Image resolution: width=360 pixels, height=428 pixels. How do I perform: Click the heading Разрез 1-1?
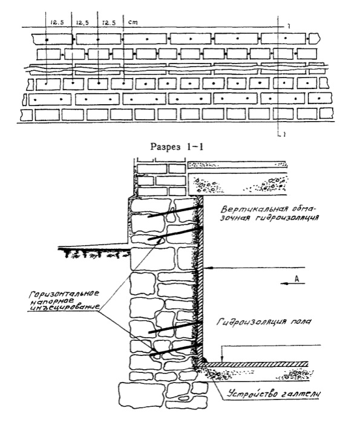click(177, 147)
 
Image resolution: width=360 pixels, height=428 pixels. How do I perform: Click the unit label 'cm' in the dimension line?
click(133, 22)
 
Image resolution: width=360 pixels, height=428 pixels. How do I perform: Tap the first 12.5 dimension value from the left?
click(57, 22)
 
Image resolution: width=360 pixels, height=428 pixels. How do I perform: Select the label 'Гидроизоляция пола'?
click(264, 321)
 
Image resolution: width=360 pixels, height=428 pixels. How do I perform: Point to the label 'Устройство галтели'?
click(274, 393)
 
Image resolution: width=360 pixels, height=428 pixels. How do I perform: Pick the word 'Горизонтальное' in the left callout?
click(64, 294)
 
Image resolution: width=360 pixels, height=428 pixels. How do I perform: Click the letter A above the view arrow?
click(296, 278)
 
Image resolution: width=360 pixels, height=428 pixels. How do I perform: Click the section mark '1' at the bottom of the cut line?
click(284, 134)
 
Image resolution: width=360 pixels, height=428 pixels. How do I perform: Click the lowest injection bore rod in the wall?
click(177, 349)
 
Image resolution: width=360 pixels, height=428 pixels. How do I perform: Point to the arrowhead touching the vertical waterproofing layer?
click(208, 267)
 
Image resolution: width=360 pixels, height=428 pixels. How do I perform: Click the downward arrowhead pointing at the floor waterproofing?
click(222, 359)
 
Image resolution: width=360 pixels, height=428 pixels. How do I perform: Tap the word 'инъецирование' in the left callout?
click(64, 307)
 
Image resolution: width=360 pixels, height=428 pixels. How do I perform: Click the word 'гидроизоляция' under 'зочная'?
click(287, 218)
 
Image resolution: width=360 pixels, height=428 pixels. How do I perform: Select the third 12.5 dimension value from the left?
click(109, 22)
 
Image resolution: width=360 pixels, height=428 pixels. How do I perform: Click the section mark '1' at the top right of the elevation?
click(289, 27)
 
